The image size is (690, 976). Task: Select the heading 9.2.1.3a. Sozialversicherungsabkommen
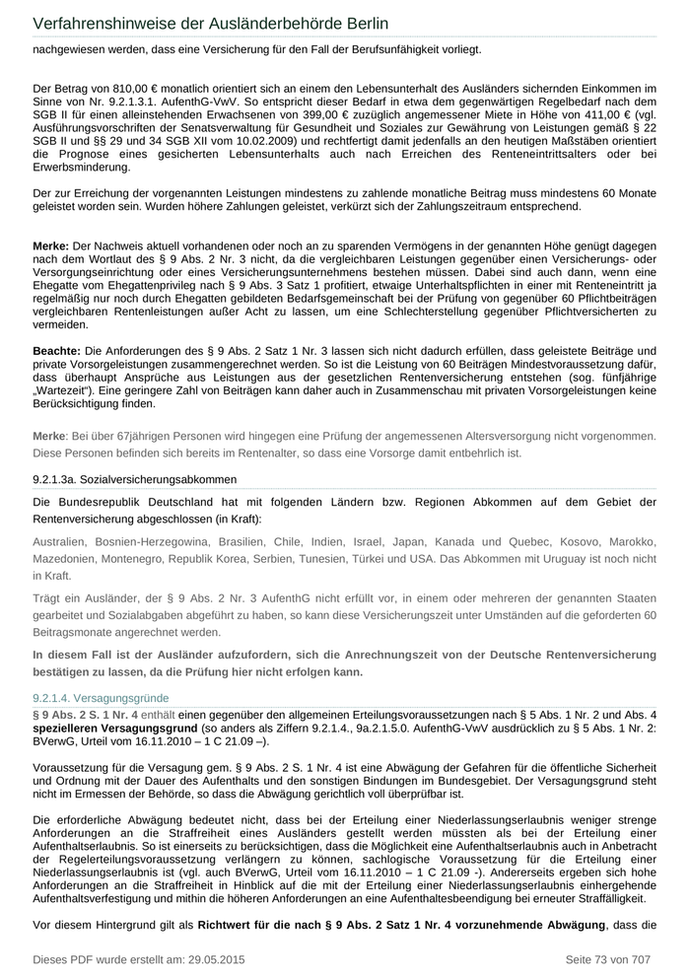pos(134,479)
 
